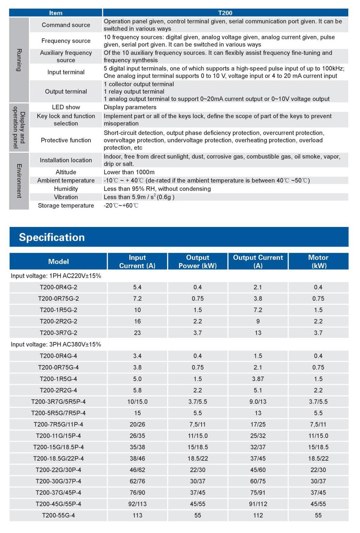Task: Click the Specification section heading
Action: point(52,237)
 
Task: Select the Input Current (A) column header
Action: point(137,261)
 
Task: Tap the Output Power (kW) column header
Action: point(197,261)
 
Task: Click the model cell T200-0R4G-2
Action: point(58,287)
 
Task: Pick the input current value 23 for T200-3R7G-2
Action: point(137,333)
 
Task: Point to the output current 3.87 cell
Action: point(258,379)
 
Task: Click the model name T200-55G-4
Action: point(58,515)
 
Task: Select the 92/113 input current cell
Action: point(137,504)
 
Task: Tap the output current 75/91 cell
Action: point(258,493)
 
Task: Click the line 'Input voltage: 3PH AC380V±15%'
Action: point(56,344)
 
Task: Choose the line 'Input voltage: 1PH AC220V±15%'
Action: point(56,276)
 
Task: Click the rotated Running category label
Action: point(19,60)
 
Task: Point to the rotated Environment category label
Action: point(19,181)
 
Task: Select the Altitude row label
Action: point(66,172)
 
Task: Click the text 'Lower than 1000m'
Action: point(129,172)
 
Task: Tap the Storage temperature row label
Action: point(66,206)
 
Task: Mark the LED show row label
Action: point(66,107)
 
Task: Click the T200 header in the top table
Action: point(225,13)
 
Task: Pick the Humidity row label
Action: point(66,189)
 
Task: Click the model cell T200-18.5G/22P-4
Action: point(58,458)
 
